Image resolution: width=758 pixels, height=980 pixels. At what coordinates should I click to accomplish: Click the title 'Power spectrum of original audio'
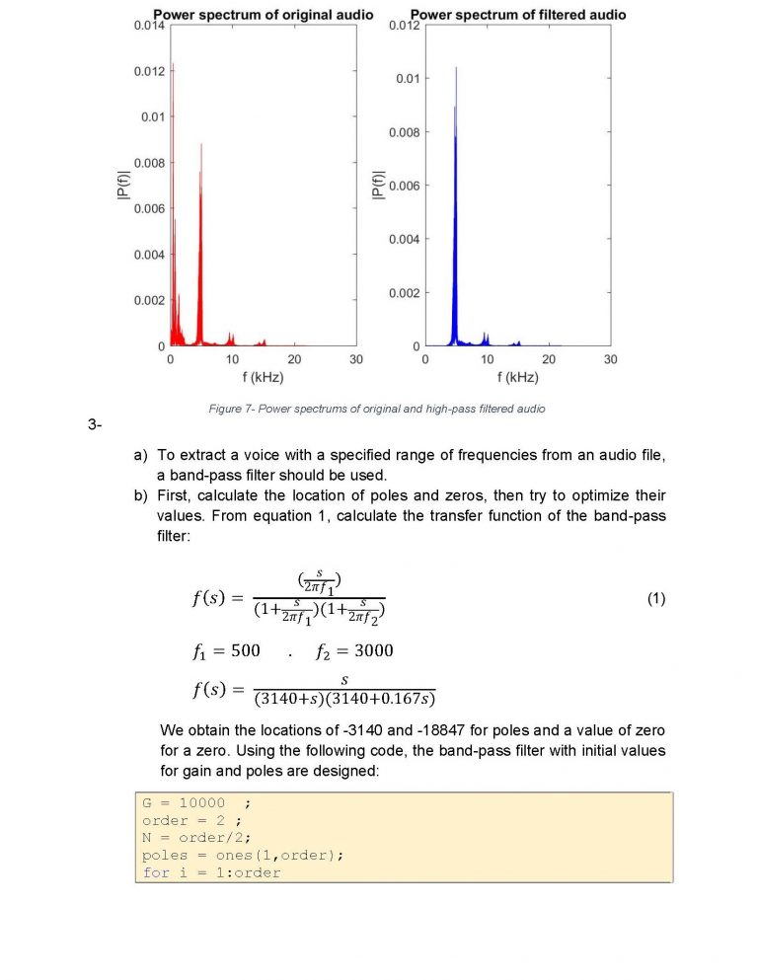pyautogui.click(x=263, y=15)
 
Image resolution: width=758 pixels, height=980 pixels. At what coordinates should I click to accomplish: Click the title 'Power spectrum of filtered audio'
pyautogui.click(x=517, y=15)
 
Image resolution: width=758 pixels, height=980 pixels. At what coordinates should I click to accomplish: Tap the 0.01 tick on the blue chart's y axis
pyautogui.click(x=409, y=79)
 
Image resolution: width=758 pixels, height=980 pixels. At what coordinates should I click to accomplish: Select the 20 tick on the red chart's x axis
pyautogui.click(x=294, y=360)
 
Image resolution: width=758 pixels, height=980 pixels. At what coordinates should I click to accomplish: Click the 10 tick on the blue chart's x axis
pyautogui.click(x=487, y=360)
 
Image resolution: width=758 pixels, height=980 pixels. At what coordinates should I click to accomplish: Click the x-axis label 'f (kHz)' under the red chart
pyautogui.click(x=263, y=378)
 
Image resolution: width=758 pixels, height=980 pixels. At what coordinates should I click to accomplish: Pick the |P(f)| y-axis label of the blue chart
pyautogui.click(x=376, y=186)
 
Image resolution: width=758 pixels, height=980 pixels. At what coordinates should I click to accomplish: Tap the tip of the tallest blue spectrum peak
pyautogui.click(x=456, y=67)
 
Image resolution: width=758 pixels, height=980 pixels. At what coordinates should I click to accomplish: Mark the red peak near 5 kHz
pyautogui.click(x=201, y=145)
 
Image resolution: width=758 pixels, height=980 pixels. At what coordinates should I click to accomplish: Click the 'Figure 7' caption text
pyautogui.click(x=378, y=408)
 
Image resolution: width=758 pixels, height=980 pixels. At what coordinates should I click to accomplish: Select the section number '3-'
pyautogui.click(x=95, y=425)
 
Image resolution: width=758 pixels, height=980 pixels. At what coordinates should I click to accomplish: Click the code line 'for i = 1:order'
pyautogui.click(x=211, y=872)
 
